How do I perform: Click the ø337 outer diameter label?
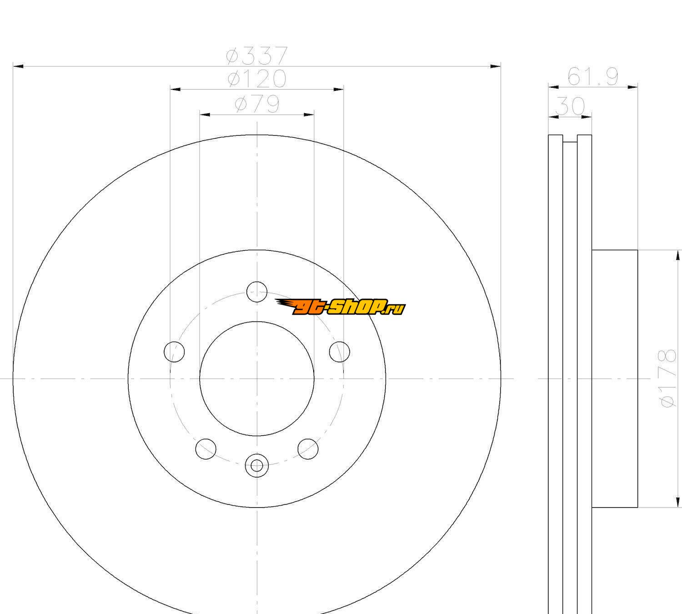pos(257,55)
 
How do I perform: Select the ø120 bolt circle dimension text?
pos(257,79)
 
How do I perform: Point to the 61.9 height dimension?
pos(592,76)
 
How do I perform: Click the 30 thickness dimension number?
pos(570,106)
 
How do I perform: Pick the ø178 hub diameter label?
pos(667,378)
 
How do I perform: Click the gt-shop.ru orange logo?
pos(340,307)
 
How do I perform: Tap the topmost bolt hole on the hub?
pos(257,292)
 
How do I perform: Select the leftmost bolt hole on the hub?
pos(174,352)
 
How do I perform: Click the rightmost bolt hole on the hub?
pos(340,352)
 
